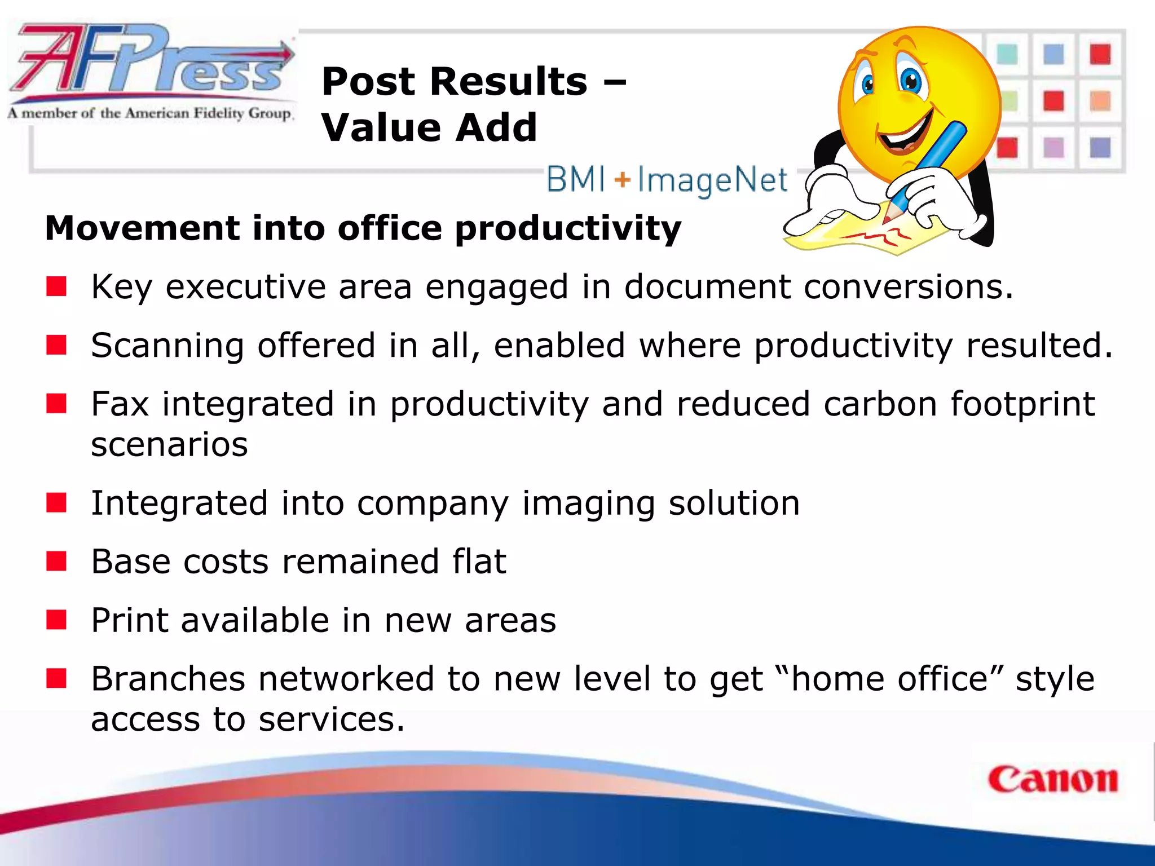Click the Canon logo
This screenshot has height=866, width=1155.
coord(1052,780)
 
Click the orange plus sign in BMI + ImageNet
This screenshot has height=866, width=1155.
coord(621,180)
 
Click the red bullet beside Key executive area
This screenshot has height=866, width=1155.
coord(56,286)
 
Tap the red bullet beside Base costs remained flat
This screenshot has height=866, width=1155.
coord(56,562)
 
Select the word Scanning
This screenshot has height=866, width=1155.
coord(167,345)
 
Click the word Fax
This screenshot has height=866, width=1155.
coord(120,404)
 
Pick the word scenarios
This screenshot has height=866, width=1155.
coord(169,444)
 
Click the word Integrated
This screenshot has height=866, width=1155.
coord(179,503)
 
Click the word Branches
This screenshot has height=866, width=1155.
coord(168,678)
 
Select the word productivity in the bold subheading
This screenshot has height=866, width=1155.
coord(568,228)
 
